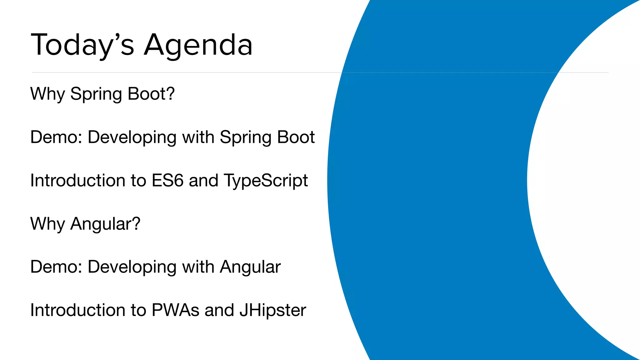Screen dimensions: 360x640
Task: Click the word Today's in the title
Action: click(x=82, y=45)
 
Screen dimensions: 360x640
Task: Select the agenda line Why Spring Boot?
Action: click(x=102, y=94)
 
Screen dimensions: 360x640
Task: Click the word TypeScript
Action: click(x=266, y=181)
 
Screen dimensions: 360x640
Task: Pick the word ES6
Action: click(x=167, y=181)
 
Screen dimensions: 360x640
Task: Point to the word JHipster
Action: click(x=272, y=310)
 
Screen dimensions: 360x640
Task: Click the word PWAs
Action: click(x=175, y=310)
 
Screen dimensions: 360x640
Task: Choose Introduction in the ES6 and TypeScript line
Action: click(x=78, y=181)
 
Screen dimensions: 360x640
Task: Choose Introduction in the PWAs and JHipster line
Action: click(x=78, y=310)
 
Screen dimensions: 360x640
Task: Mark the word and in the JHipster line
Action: click(x=219, y=310)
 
